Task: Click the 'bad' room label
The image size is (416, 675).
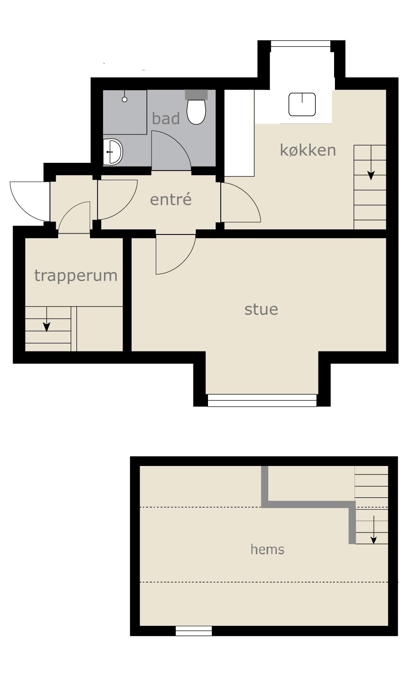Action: (166, 118)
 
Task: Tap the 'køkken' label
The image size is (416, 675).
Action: (308, 150)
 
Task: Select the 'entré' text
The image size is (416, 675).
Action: (171, 199)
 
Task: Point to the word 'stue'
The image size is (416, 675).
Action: (261, 310)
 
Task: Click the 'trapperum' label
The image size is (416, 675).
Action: (76, 276)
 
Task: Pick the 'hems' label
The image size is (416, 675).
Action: (267, 549)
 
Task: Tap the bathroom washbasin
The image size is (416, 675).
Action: (113, 152)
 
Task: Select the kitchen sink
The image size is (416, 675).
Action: (302, 104)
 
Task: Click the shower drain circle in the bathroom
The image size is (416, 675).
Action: (125, 100)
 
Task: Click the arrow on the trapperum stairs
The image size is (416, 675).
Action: (46, 319)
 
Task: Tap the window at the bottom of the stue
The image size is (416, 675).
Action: (262, 401)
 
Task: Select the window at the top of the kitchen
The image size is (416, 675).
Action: (301, 44)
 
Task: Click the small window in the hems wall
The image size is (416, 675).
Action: (194, 631)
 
